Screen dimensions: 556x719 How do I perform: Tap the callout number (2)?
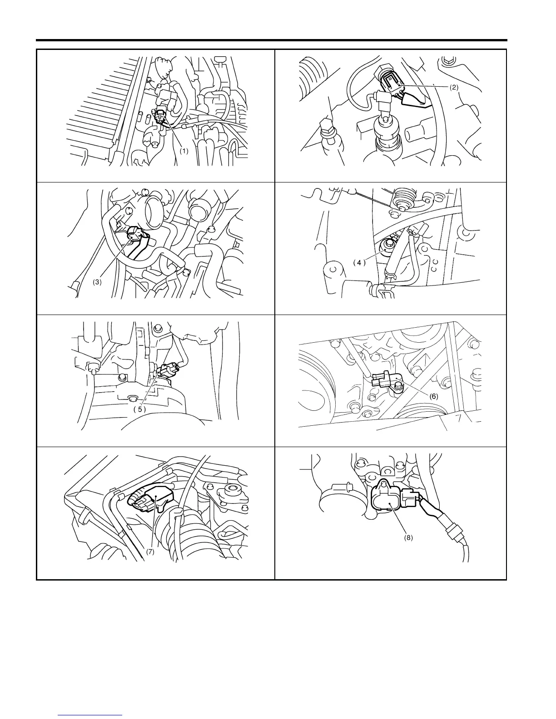pyautogui.click(x=454, y=88)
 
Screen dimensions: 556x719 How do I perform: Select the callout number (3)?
pyautogui.click(x=97, y=282)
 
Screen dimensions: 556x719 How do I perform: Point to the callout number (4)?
pyautogui.click(x=359, y=263)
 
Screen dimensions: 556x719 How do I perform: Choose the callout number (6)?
pyautogui.click(x=434, y=396)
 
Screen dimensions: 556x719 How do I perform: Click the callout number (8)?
pyautogui.click(x=409, y=538)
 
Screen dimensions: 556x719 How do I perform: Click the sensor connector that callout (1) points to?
pyautogui.click(x=160, y=117)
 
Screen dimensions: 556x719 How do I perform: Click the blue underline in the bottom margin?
pyautogui.click(x=90, y=714)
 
